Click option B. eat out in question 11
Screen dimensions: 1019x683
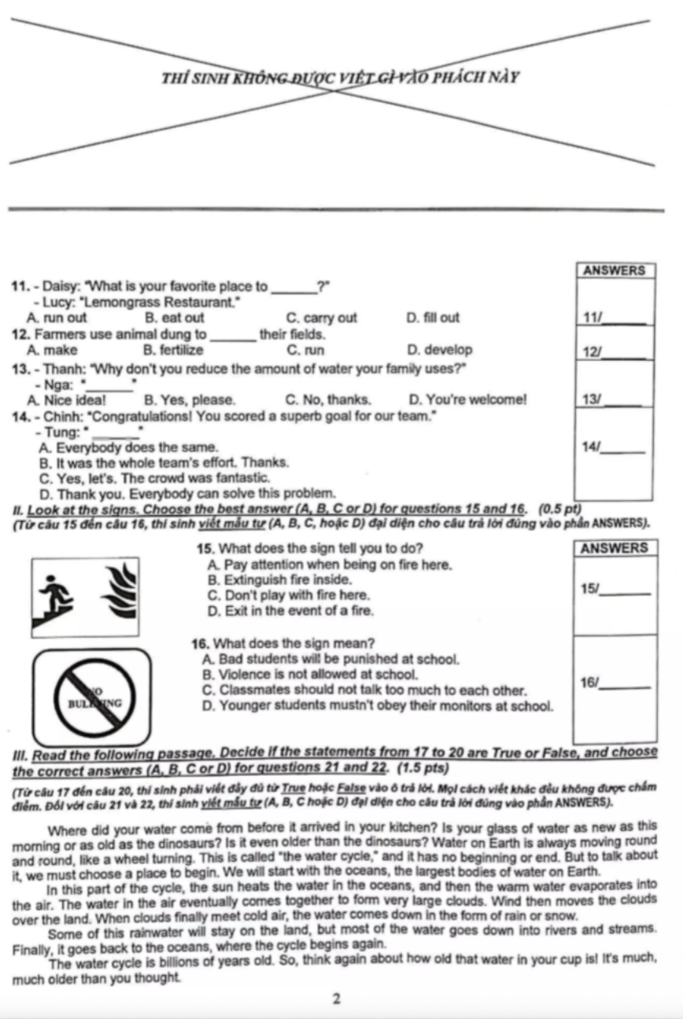pos(175,318)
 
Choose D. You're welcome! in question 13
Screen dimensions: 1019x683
pos(468,399)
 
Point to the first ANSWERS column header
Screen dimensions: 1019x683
pos(615,270)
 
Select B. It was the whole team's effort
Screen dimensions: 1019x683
pos(161,462)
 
